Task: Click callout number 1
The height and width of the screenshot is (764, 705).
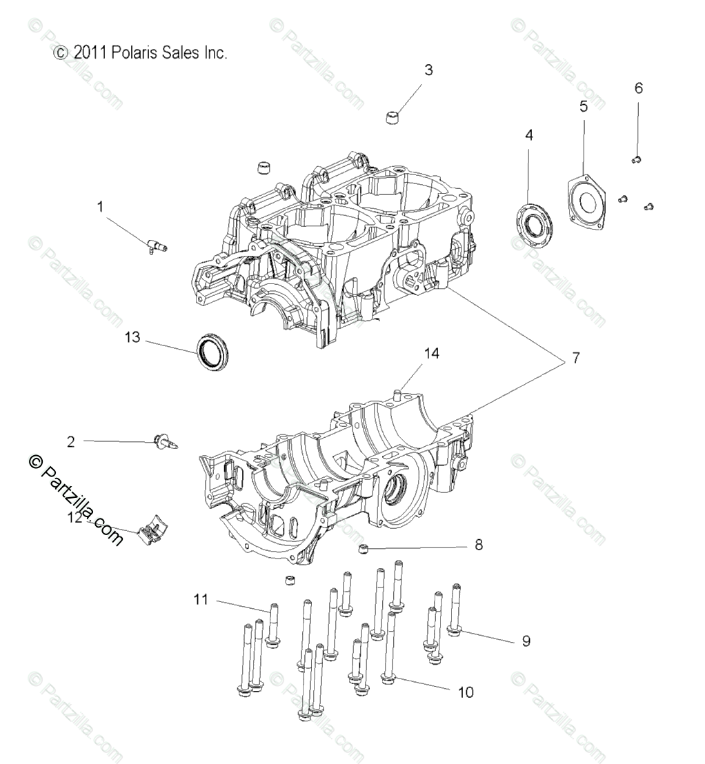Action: (x=100, y=206)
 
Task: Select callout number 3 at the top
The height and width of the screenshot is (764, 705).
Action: (x=428, y=70)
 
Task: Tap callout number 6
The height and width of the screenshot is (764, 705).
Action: (x=638, y=88)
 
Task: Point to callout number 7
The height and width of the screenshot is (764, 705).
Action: (x=575, y=358)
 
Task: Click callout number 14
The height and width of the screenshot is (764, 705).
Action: (x=432, y=353)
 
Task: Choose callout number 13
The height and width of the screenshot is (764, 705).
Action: (x=132, y=337)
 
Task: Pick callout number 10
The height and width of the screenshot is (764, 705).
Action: (x=466, y=692)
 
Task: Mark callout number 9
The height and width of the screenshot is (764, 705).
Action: (x=526, y=641)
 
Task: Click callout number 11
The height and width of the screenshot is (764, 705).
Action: (x=201, y=600)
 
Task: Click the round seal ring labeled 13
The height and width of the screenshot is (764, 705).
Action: (x=212, y=351)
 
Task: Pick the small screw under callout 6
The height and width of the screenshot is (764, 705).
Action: (x=637, y=160)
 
